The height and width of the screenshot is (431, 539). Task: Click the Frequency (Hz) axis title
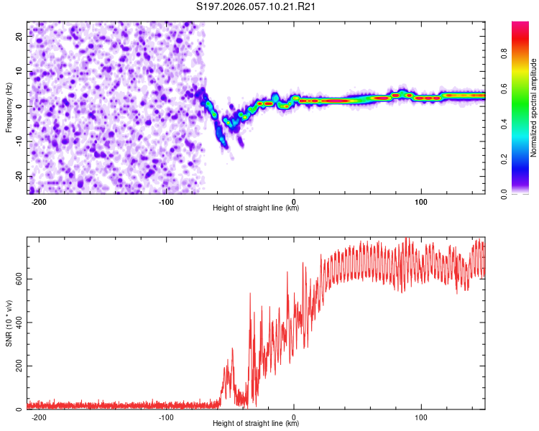click(x=9, y=108)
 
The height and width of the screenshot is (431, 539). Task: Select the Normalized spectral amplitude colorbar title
click(x=534, y=108)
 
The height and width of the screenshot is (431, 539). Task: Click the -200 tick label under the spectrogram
click(x=40, y=202)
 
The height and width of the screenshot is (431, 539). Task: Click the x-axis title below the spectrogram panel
click(x=256, y=209)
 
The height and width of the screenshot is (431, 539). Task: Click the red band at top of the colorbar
click(x=520, y=27)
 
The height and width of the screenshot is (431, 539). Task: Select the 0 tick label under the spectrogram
click(x=294, y=202)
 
